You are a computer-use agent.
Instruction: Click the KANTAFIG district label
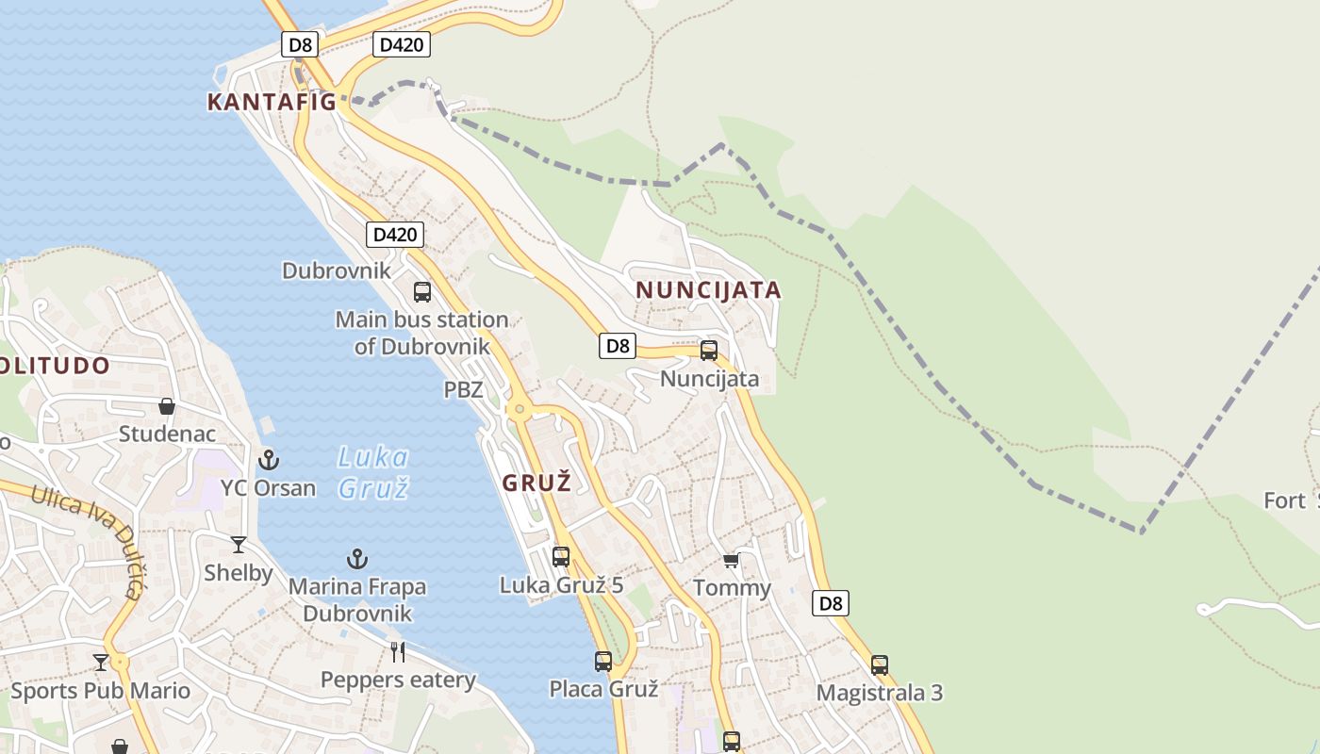[x=272, y=102]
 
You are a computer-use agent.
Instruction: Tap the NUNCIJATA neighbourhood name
[x=708, y=289]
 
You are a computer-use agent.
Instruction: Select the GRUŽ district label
[x=536, y=484]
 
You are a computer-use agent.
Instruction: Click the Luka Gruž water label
[x=373, y=472]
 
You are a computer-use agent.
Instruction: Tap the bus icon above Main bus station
[x=422, y=292]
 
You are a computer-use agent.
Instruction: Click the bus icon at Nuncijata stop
[x=709, y=351]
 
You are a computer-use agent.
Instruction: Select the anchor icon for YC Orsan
[x=269, y=460]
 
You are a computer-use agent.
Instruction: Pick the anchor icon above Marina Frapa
[x=356, y=559]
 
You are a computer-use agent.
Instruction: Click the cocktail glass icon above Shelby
[x=239, y=545]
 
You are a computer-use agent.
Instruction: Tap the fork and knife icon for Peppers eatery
[x=398, y=651]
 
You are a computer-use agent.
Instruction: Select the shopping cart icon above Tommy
[x=731, y=561]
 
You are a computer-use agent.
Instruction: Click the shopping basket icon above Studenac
[x=167, y=406]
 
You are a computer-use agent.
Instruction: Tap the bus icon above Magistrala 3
[x=880, y=665]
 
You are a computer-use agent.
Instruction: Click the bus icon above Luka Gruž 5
[x=561, y=557]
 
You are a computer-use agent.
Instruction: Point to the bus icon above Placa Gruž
[x=603, y=662]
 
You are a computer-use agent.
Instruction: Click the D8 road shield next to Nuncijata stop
[x=617, y=346]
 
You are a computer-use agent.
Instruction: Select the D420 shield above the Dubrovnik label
[x=394, y=234]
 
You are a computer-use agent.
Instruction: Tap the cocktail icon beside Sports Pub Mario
[x=101, y=662]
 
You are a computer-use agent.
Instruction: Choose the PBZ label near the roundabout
[x=463, y=389]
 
